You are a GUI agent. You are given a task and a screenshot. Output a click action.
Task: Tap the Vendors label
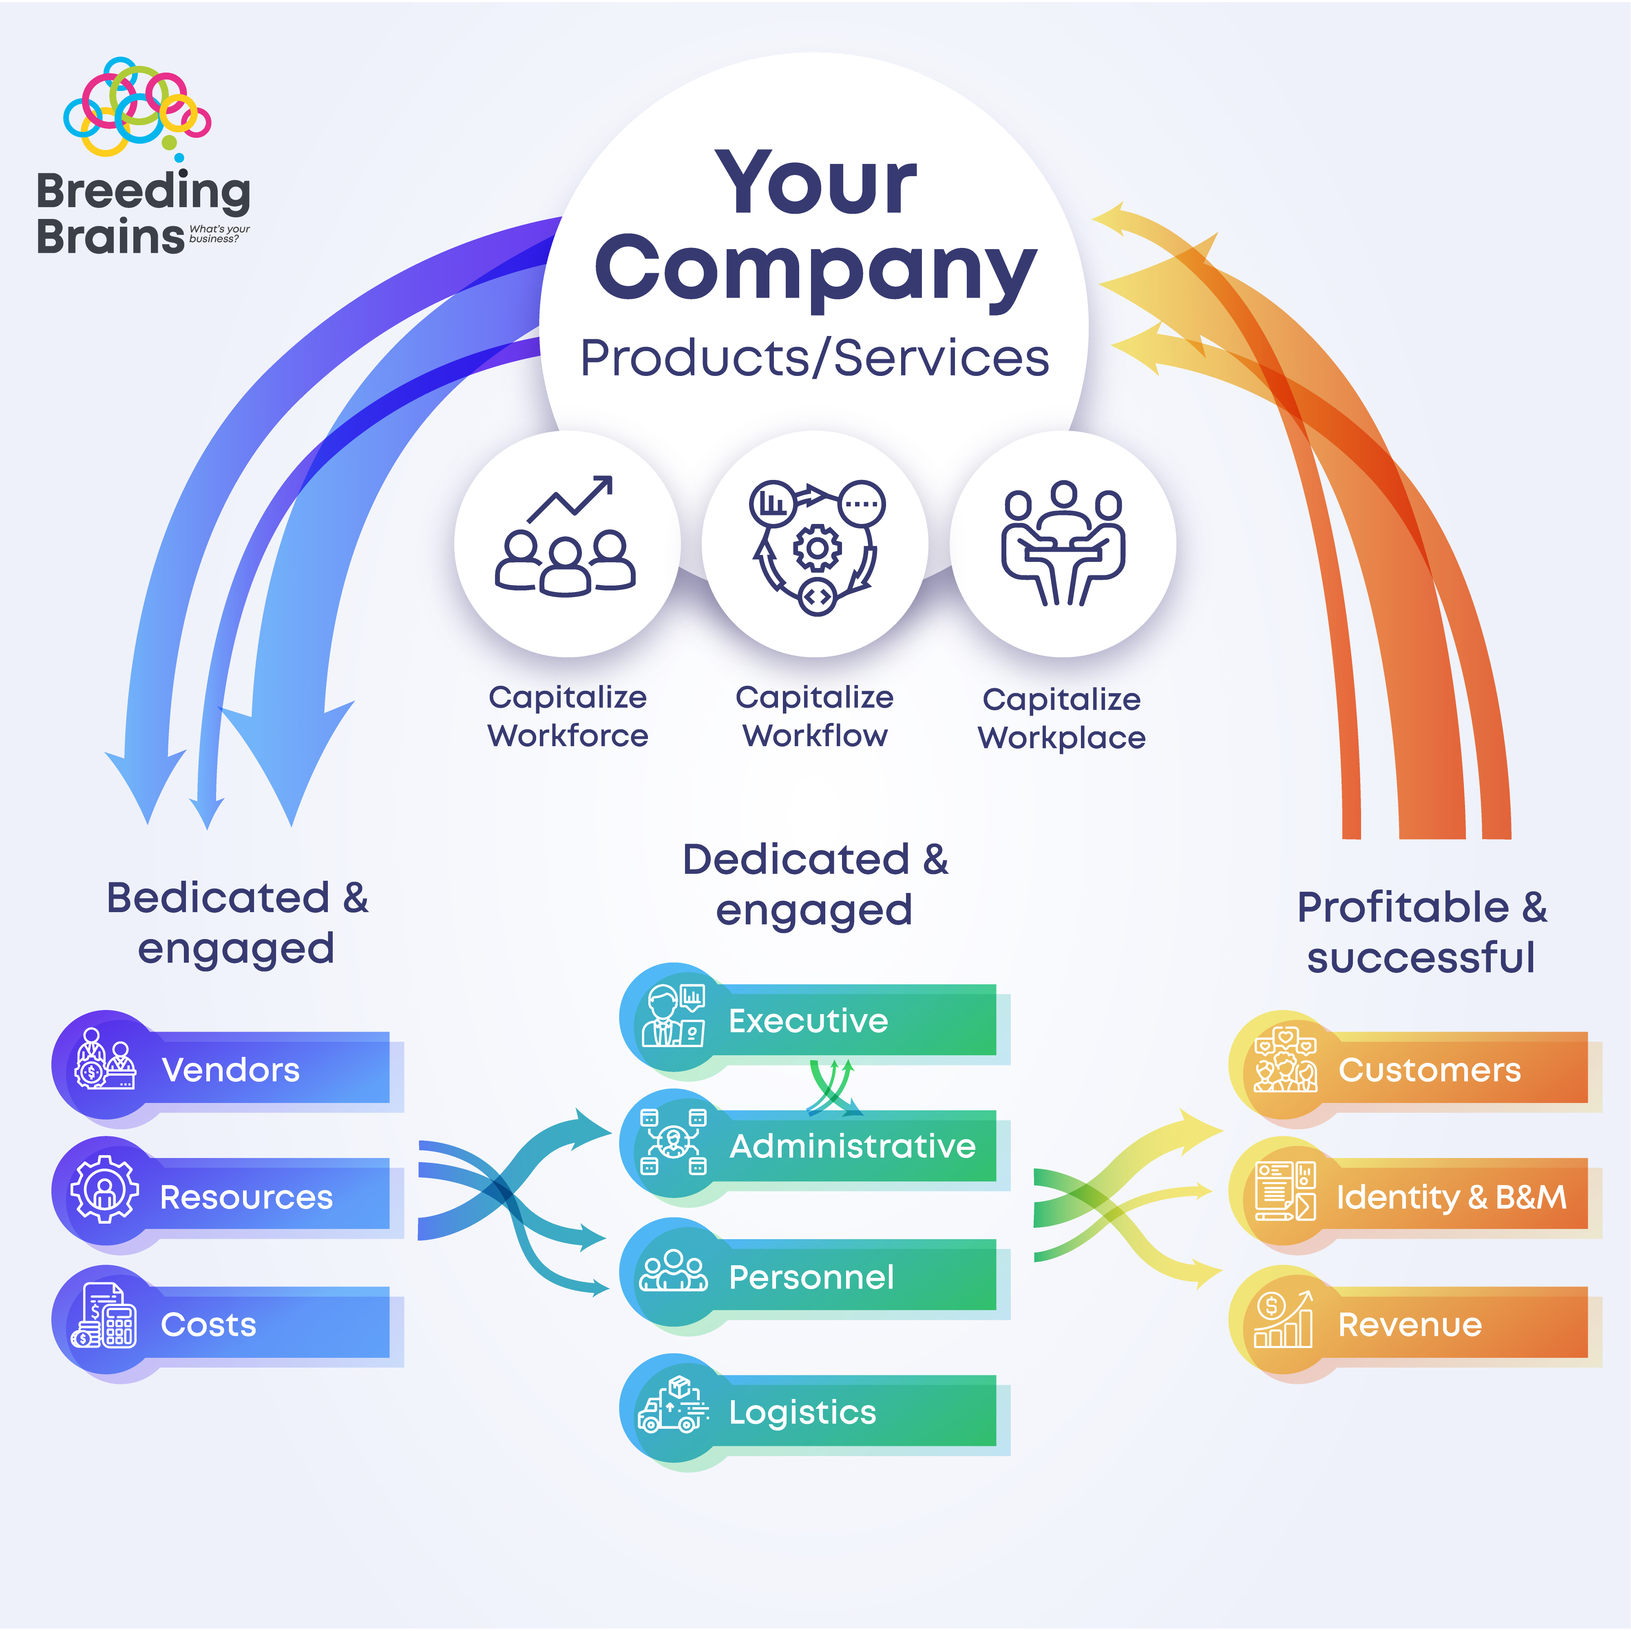coord(230,1070)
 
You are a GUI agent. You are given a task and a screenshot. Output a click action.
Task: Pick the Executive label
coord(808,1021)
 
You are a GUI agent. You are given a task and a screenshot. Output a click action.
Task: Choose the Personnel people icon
coord(673,1271)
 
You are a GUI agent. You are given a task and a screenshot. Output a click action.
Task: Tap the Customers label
coord(1429,1070)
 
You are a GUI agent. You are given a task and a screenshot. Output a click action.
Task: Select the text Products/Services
coord(815,358)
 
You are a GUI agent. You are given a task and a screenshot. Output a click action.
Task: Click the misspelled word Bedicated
coord(218,897)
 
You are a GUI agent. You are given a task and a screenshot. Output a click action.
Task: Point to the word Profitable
coord(1402,908)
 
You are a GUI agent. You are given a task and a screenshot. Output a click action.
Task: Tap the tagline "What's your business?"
coord(219,234)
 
